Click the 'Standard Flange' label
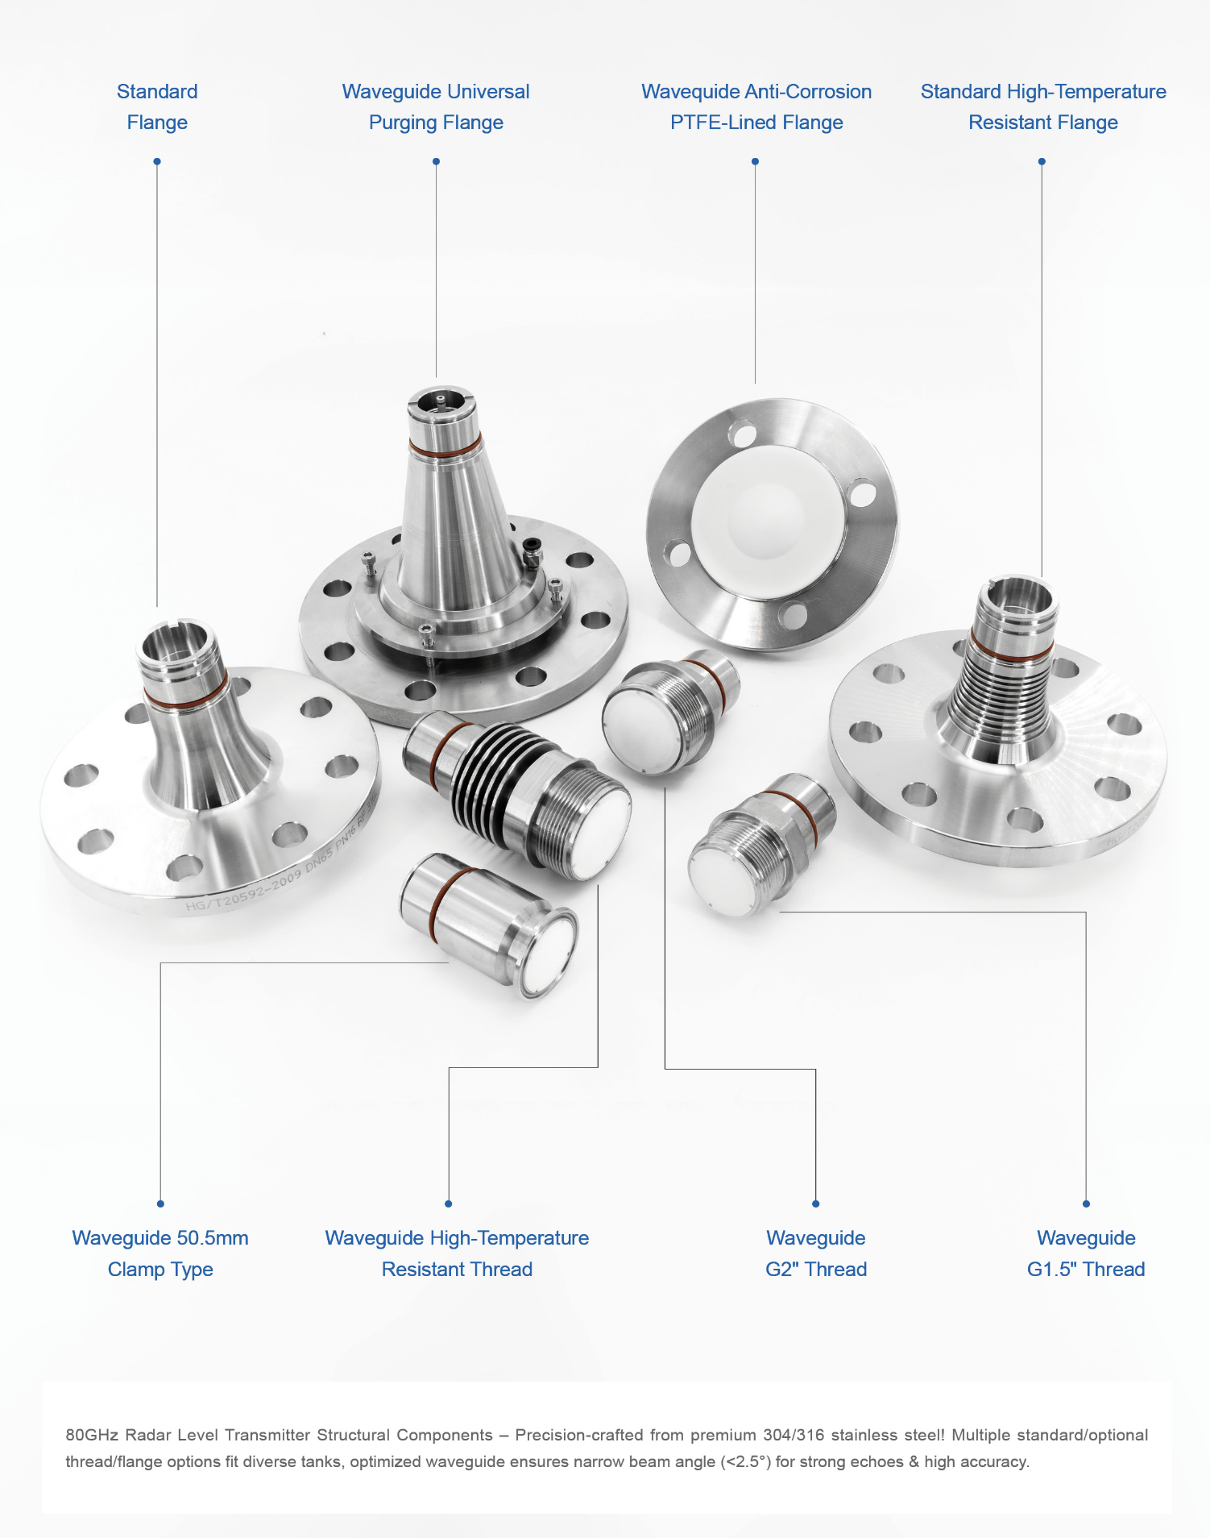(x=157, y=106)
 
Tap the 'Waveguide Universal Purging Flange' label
(x=436, y=106)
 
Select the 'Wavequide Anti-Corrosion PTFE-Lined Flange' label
(x=756, y=106)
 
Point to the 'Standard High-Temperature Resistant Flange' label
(x=1043, y=106)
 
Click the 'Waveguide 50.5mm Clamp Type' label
(x=160, y=1253)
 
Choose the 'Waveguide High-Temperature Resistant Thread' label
(x=457, y=1253)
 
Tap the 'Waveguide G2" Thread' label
(x=816, y=1253)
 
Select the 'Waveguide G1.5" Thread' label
(x=1086, y=1253)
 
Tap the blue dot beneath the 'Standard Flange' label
(x=157, y=162)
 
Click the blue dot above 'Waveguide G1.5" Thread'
(x=1086, y=1203)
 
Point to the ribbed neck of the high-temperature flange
(x=999, y=693)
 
